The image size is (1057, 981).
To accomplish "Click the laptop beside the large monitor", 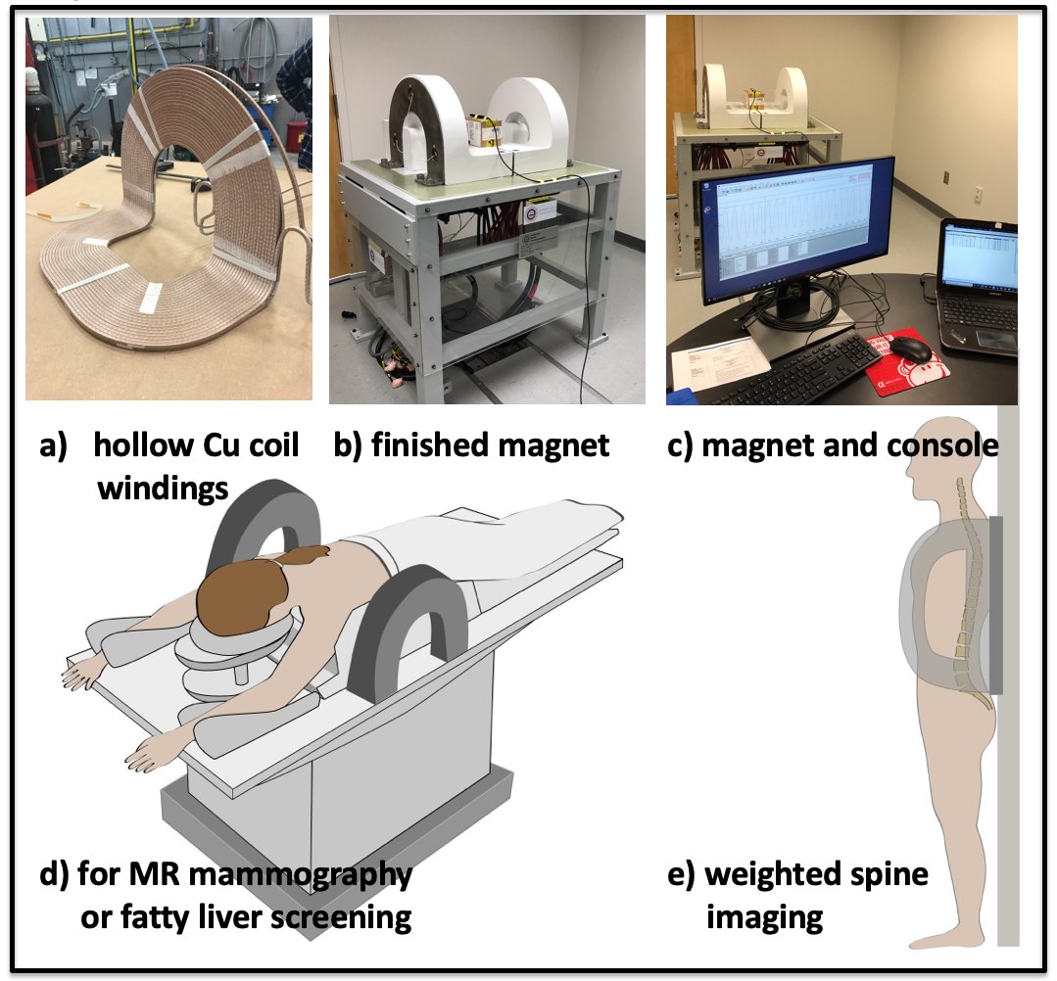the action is point(980,284).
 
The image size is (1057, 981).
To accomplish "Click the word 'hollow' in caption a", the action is point(143,445).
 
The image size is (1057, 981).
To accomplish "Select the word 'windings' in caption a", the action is point(163,487).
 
